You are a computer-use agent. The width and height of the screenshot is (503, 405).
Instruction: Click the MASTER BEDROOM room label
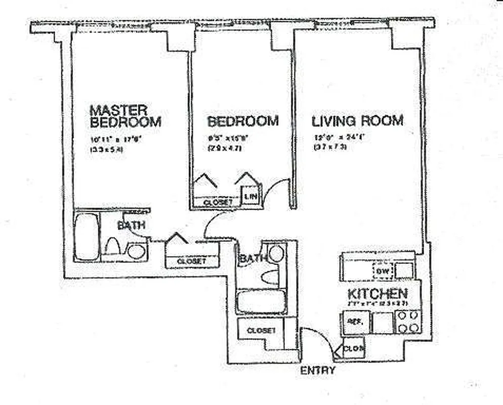pos(125,116)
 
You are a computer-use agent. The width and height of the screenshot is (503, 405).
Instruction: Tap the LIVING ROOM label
pos(357,121)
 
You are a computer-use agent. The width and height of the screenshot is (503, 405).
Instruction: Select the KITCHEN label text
pos(378,294)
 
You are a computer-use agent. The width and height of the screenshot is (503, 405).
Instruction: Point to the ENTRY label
pos(317,371)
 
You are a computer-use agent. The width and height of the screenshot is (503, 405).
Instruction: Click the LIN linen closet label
pos(250,196)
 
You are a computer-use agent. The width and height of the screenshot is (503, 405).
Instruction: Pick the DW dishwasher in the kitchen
pos(382,272)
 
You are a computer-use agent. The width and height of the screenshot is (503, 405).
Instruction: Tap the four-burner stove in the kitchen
pos(408,321)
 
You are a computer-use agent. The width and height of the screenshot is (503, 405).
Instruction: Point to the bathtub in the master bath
pos(87,236)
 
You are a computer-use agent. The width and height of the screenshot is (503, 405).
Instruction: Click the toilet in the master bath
pos(112,247)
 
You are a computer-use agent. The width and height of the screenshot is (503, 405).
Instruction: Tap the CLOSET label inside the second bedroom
pos(218,202)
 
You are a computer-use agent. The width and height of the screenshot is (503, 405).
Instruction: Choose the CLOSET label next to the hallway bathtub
pos(261,331)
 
